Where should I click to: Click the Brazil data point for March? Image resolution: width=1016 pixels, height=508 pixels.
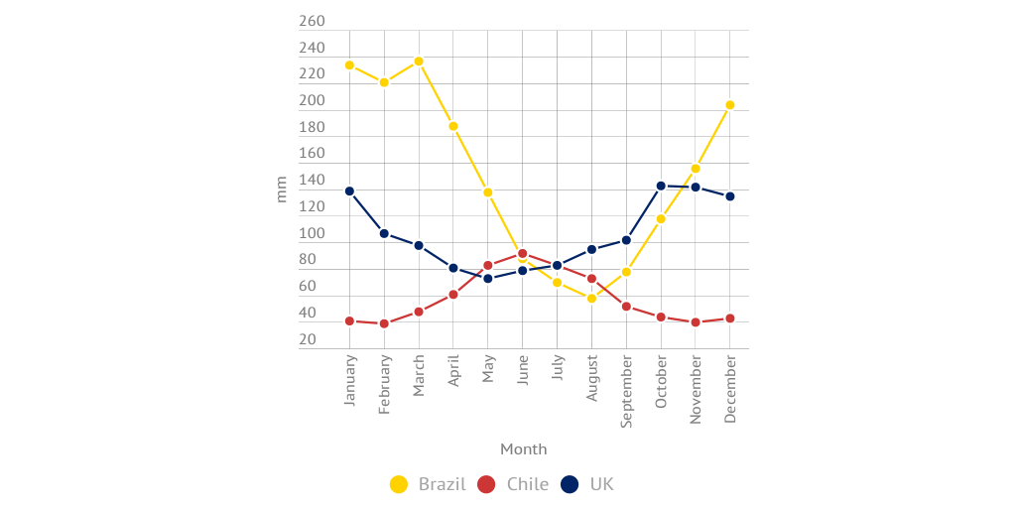419,62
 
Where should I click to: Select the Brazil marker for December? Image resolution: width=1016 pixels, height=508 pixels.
730,105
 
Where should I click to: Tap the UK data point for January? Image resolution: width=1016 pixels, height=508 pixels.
349,191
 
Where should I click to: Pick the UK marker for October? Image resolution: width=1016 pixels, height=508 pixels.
661,186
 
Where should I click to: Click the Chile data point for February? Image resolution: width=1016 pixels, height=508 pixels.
384,323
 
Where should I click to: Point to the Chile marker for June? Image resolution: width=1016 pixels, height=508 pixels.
523,254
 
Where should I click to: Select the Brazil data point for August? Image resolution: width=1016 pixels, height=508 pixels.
591,298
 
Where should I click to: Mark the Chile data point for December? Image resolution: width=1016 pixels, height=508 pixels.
730,318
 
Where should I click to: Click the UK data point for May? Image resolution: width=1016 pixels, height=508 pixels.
488,279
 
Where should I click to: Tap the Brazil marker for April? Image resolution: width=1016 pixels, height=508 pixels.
453,126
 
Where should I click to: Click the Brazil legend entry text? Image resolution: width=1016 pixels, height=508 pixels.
442,484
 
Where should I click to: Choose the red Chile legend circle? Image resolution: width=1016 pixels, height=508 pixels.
486,484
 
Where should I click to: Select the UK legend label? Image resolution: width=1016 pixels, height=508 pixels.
601,484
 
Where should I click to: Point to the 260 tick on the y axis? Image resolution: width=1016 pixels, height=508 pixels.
312,22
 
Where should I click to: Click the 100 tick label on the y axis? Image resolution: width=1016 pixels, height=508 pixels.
312,234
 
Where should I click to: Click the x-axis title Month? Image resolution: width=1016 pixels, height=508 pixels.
523,448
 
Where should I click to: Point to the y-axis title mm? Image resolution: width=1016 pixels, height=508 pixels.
281,189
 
